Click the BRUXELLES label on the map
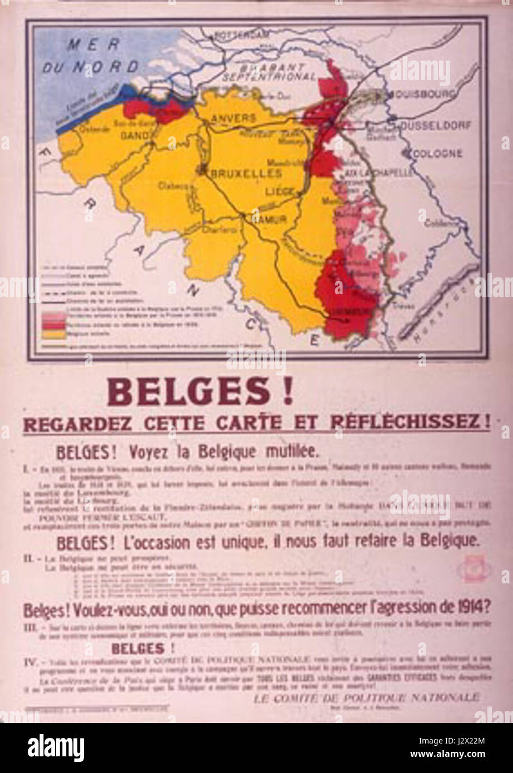click(x=244, y=174)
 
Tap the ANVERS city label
click(x=234, y=118)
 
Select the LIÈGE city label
click(x=278, y=192)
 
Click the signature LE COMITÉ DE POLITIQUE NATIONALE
click(x=365, y=697)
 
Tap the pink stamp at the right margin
click(x=474, y=568)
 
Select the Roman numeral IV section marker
click(x=31, y=662)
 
